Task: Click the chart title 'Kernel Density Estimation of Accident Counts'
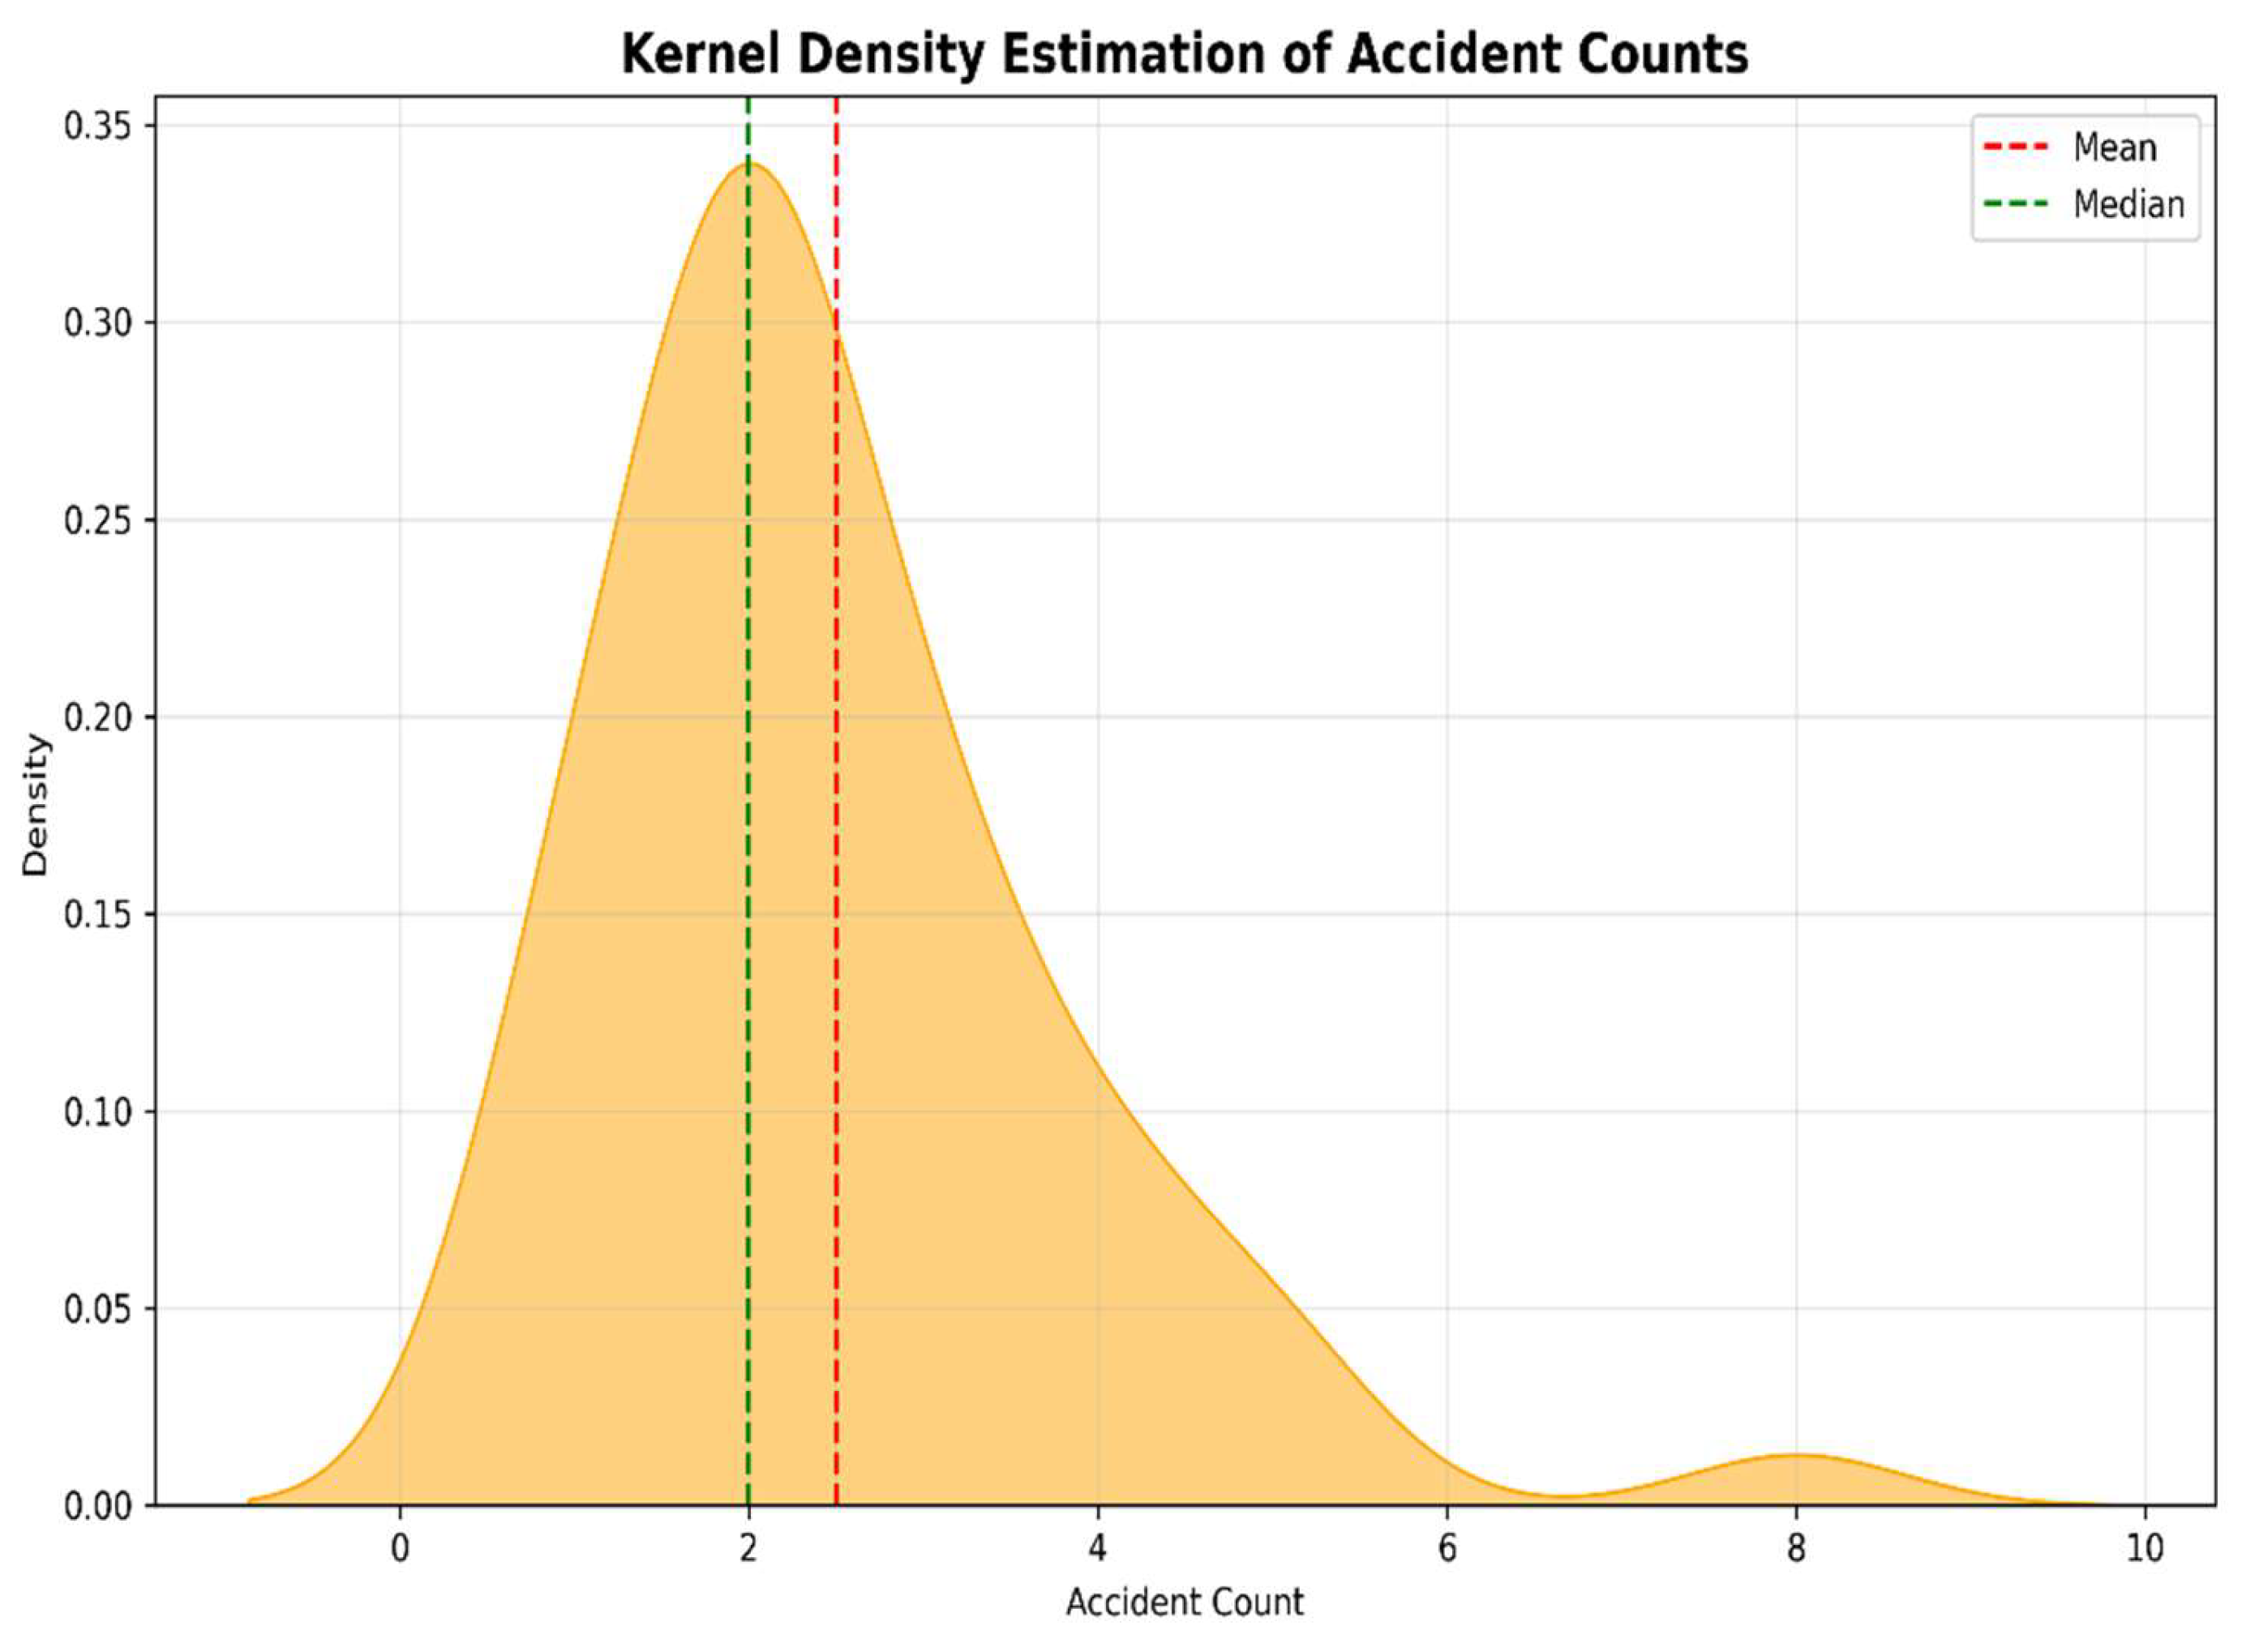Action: pos(1185,53)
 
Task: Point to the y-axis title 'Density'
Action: pos(36,803)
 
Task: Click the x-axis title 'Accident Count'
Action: pos(1185,1602)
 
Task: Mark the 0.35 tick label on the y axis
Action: pos(96,126)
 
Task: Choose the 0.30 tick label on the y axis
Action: pos(96,323)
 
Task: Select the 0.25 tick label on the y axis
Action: pos(96,520)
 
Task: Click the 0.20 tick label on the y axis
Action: pos(96,717)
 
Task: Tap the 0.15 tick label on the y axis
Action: pos(96,914)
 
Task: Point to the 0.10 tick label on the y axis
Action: pos(96,1112)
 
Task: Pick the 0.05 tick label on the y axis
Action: pos(96,1309)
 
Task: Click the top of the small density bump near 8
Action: pos(1795,1455)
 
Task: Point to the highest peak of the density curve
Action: pos(750,163)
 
